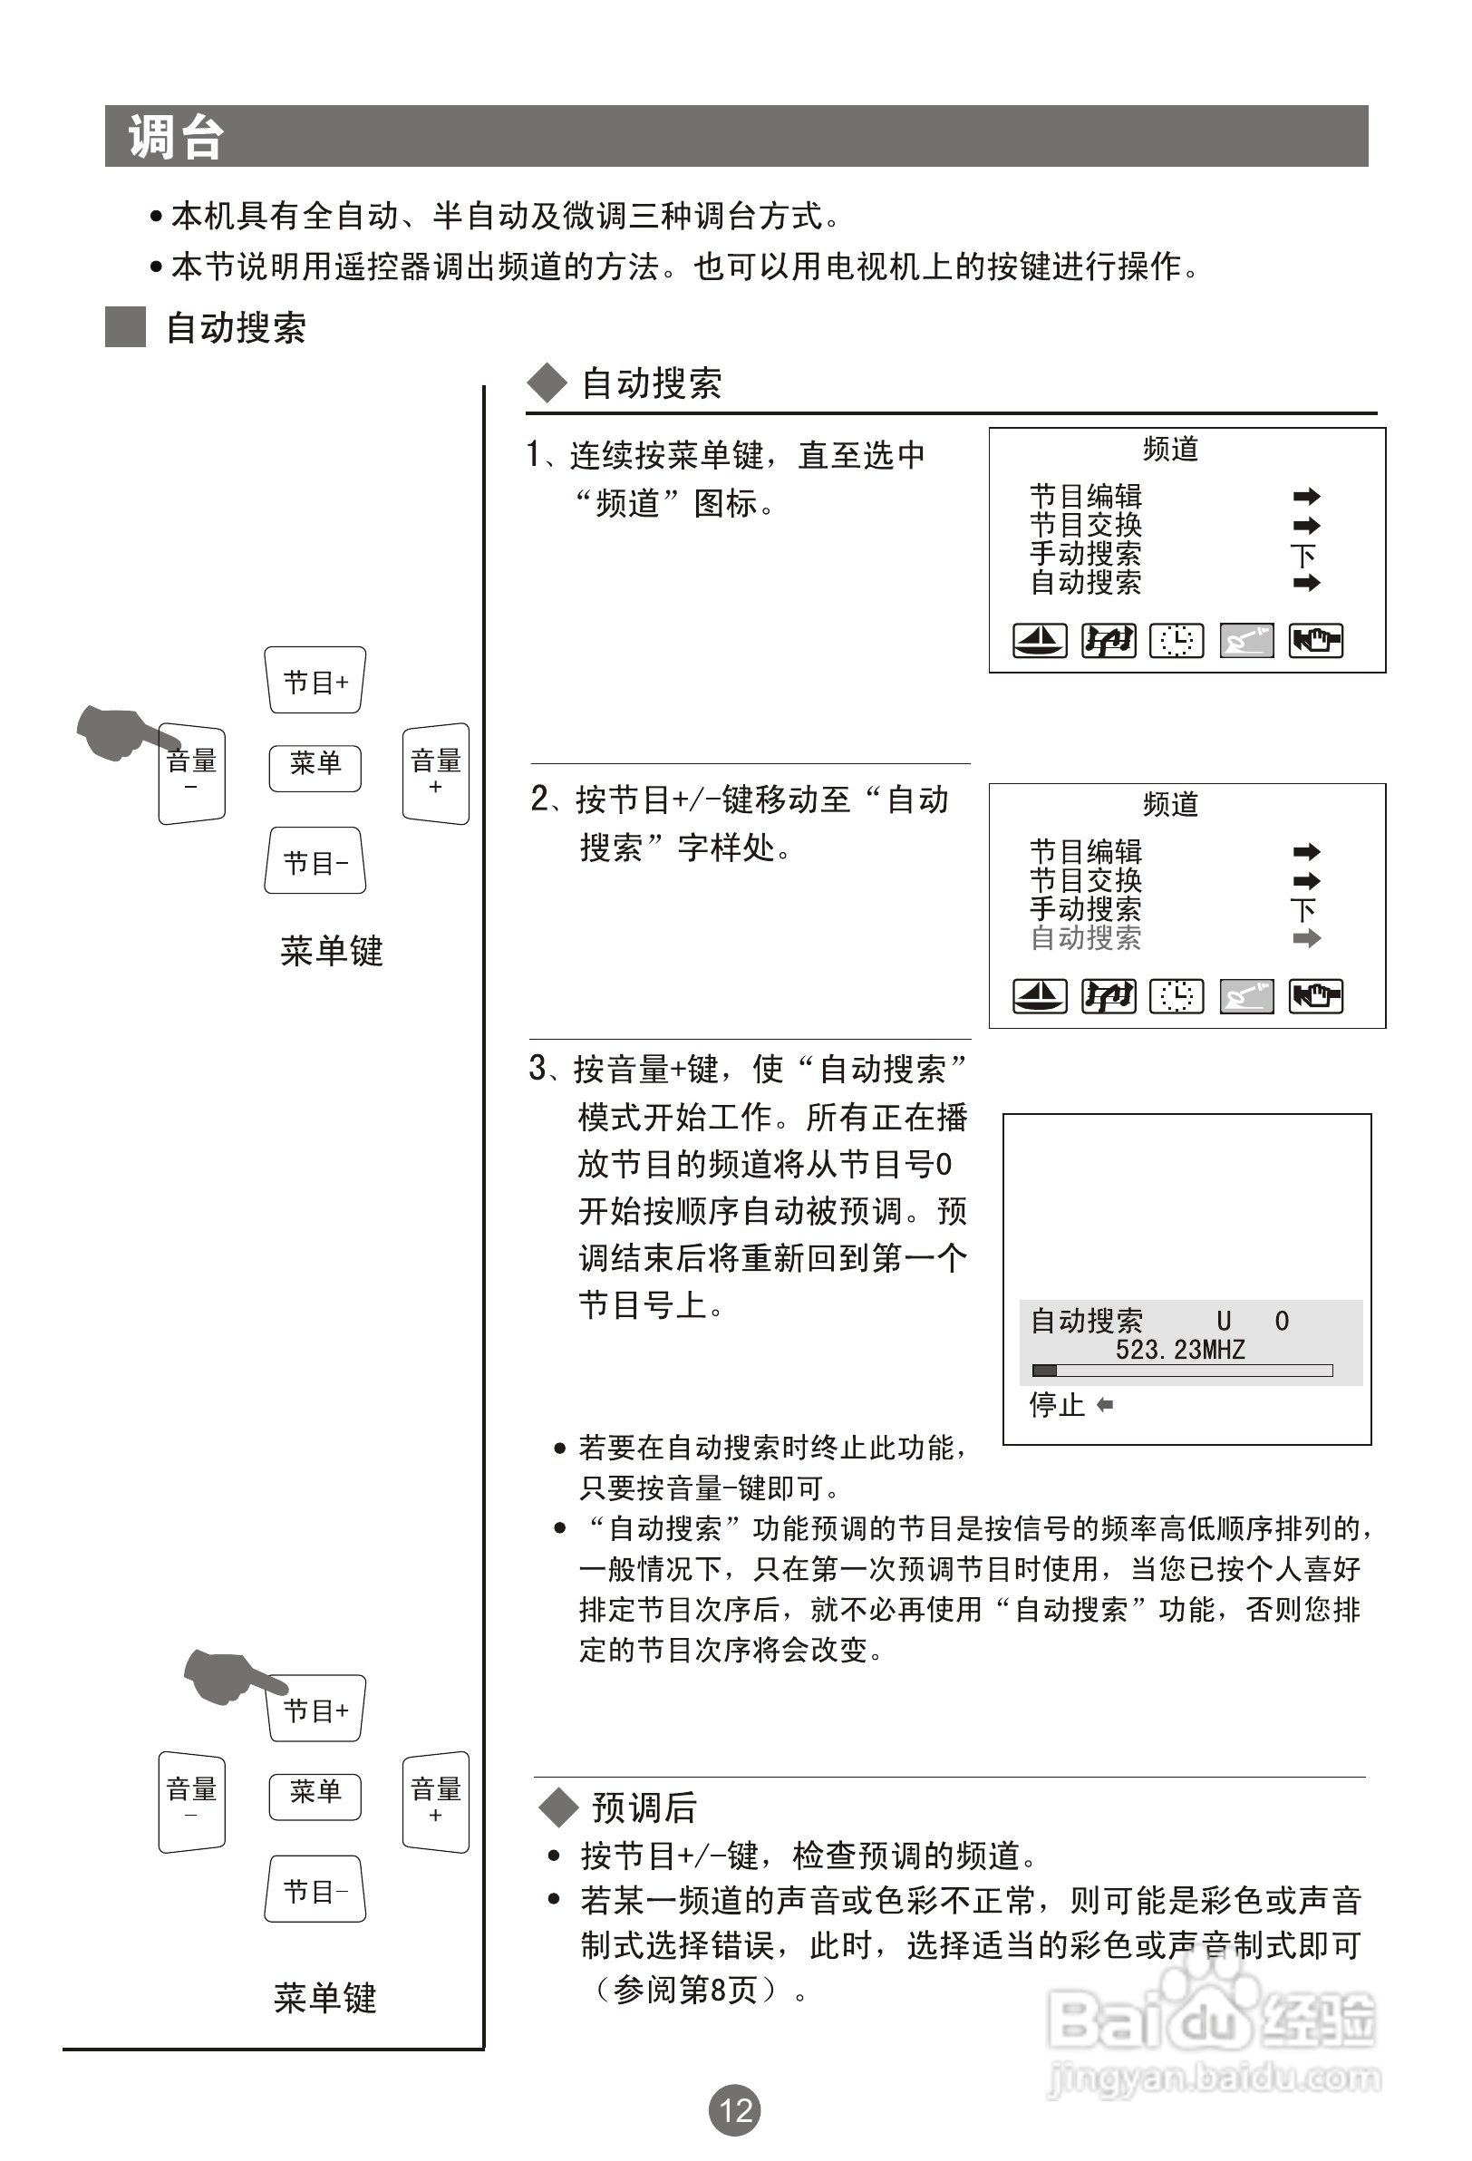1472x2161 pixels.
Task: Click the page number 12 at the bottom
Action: pos(734,2110)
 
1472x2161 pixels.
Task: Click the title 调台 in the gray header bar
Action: pos(176,138)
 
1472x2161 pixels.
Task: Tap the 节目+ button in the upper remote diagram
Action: pos(315,682)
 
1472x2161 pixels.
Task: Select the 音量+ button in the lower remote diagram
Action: pos(435,1801)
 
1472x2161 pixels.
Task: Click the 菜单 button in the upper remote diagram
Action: pos(315,766)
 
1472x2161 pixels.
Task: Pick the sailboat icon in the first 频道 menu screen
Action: pos(1039,641)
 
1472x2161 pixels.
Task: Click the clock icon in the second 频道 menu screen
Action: pos(1177,996)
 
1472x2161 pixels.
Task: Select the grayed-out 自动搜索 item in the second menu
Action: pos(1085,937)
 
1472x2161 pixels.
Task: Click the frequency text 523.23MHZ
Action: pos(1180,1349)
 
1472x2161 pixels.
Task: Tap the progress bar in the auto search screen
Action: pos(1182,1371)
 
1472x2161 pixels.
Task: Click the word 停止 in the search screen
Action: pos(1056,1404)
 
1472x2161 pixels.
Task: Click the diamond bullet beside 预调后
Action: pos(559,1807)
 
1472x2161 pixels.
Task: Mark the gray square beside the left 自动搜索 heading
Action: pos(125,326)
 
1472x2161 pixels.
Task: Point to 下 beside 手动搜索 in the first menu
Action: pos(1303,555)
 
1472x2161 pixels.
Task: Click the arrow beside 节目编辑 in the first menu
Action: pos(1306,497)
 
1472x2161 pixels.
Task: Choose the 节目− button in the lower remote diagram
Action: pos(315,1890)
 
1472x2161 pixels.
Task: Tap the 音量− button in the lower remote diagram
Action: pos(191,1801)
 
